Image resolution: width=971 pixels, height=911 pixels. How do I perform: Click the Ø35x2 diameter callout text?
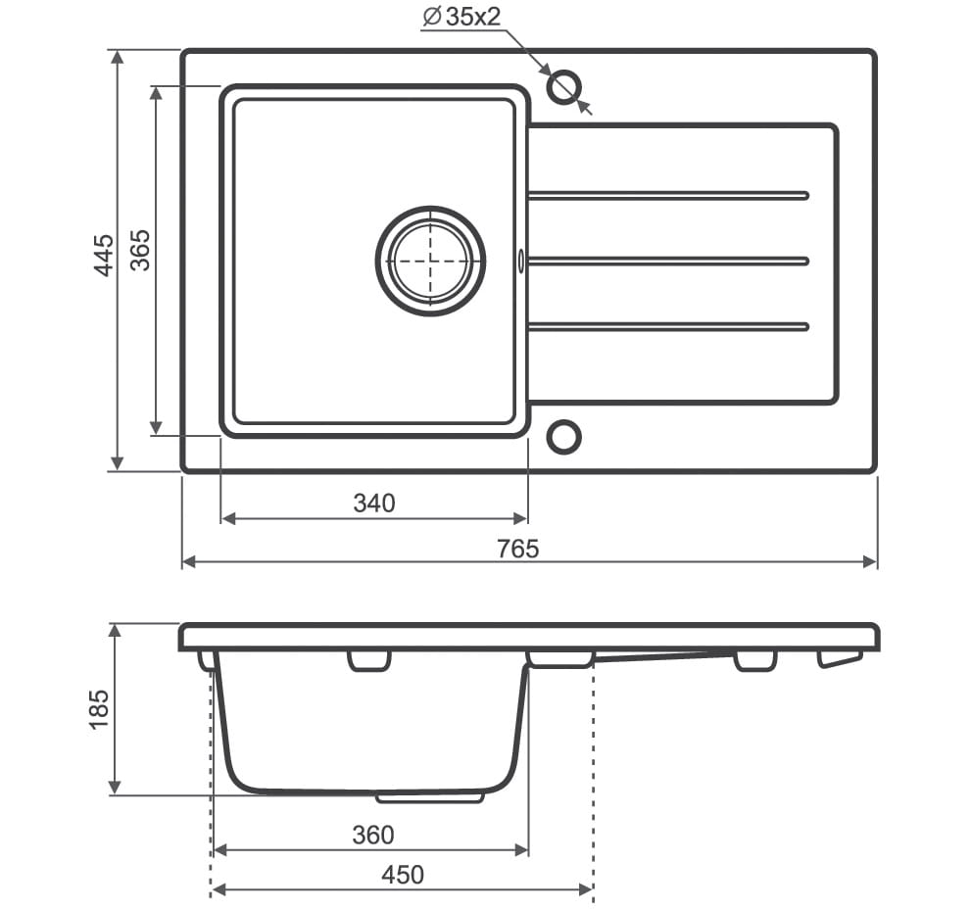pos(461,18)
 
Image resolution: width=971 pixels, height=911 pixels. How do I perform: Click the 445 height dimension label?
pos(104,255)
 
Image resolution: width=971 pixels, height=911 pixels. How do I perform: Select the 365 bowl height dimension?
pos(140,250)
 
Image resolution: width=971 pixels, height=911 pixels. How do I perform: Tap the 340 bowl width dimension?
pos(374,503)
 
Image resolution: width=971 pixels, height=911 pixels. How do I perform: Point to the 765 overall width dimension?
pos(517,549)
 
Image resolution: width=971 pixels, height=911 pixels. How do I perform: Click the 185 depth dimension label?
pos(99,709)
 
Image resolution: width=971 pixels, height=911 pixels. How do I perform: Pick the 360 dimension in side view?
pos(372,836)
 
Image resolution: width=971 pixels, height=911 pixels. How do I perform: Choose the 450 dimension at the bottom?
pos(403,875)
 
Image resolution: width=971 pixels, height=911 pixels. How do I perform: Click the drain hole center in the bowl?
pos(430,261)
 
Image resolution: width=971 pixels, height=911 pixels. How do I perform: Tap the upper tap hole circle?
pos(564,87)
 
